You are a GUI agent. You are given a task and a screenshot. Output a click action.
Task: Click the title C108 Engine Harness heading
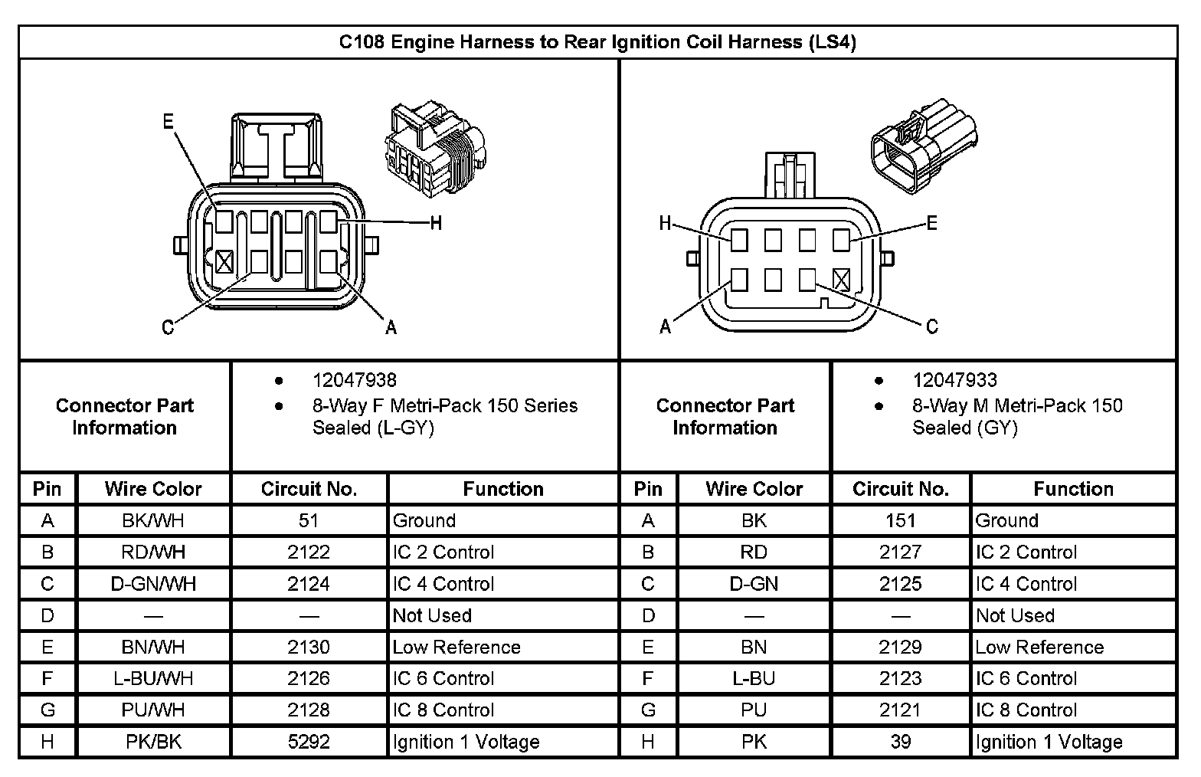[x=597, y=41]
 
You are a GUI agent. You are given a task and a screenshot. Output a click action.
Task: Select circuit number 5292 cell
[x=309, y=742]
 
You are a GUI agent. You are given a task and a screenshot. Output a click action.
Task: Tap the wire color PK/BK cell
[x=153, y=742]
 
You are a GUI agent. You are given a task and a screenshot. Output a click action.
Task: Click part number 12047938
[x=354, y=380]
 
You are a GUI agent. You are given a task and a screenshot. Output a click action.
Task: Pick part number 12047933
[x=954, y=380]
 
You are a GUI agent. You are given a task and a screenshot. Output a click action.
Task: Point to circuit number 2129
[x=900, y=647]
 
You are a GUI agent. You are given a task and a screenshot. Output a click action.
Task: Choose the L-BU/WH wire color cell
[x=153, y=678]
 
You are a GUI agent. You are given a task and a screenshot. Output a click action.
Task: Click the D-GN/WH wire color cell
[x=153, y=584]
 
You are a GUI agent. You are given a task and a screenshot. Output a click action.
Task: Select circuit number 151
[x=900, y=520]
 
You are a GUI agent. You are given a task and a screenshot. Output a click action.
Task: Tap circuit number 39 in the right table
[x=900, y=742]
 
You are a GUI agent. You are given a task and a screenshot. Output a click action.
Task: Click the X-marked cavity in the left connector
[x=224, y=262]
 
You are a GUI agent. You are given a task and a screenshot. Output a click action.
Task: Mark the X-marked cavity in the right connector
[x=841, y=280]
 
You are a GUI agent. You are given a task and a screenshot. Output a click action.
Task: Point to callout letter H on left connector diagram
[x=436, y=223]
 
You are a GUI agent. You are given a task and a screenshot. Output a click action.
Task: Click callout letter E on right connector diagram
[x=931, y=223]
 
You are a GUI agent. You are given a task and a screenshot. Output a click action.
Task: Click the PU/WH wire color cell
[x=153, y=710]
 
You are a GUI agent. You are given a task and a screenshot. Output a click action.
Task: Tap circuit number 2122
[x=309, y=552]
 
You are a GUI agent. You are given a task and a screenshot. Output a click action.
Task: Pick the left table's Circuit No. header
[x=309, y=489]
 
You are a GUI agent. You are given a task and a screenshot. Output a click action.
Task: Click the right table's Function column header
[x=1073, y=489]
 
